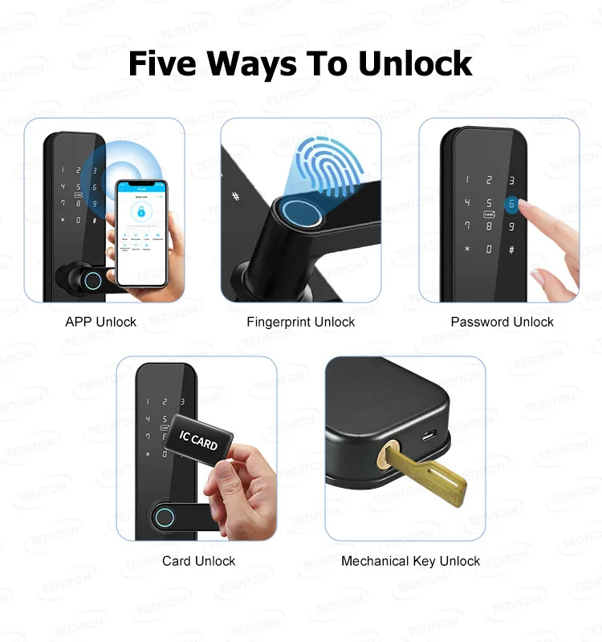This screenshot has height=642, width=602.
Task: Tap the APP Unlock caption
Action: [101, 322]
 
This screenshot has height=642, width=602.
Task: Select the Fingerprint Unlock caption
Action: [301, 322]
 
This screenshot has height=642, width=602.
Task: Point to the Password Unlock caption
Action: [502, 322]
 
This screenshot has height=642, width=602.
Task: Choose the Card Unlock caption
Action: [199, 561]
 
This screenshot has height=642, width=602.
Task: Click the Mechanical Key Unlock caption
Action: [411, 561]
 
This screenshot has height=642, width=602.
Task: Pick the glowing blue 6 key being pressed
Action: [510, 204]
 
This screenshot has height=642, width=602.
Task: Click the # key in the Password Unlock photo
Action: [511, 249]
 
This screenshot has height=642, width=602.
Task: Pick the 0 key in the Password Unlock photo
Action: [489, 249]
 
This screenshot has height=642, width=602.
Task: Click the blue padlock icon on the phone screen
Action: [141, 212]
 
